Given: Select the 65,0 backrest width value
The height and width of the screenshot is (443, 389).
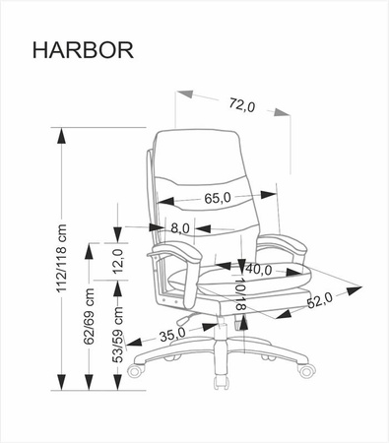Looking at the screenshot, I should [218, 198].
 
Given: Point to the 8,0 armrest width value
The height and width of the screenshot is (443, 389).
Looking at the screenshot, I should [180, 228].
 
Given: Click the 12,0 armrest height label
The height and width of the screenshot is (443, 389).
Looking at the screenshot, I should [116, 262].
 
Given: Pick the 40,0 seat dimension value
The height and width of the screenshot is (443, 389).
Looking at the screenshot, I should [259, 268].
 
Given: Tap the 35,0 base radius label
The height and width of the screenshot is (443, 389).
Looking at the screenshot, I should [173, 334].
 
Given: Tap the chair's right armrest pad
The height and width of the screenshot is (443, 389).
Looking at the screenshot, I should [284, 242].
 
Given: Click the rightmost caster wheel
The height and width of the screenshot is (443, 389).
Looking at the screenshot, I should [305, 370].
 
